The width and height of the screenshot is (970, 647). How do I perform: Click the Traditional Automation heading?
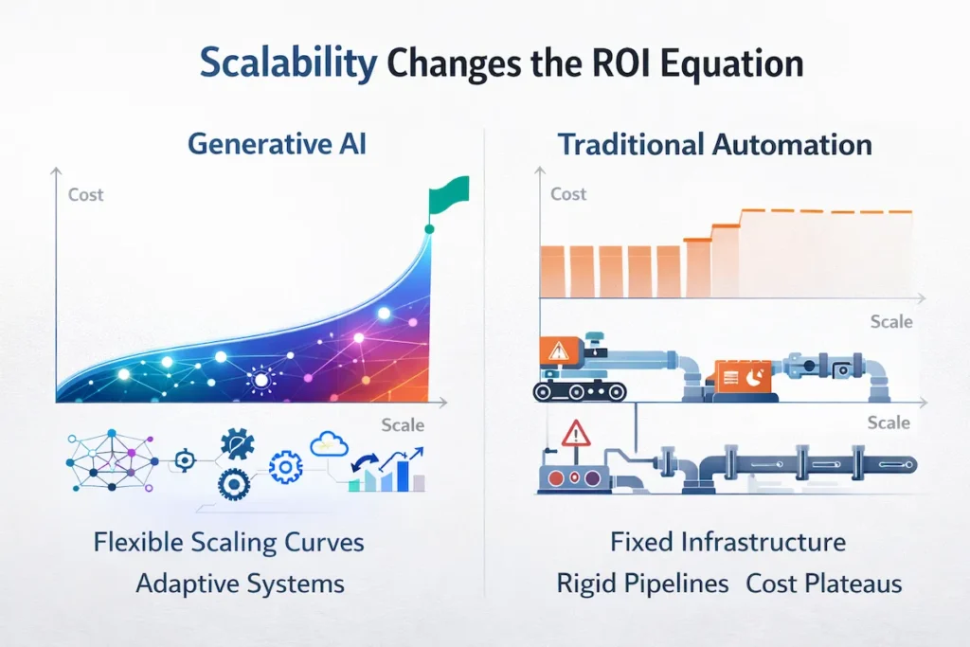(714, 144)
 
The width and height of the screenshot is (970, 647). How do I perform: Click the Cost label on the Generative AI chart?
(86, 195)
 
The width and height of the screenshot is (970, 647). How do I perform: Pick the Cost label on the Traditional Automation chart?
(568, 194)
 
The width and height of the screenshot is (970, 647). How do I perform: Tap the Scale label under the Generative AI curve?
(403, 424)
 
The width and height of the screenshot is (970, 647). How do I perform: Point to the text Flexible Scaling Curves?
(228, 543)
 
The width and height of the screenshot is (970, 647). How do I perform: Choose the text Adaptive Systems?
(240, 583)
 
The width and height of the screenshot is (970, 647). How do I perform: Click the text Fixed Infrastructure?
(727, 542)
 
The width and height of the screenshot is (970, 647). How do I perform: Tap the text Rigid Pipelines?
(642, 583)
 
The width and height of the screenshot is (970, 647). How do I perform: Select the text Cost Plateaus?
(823, 583)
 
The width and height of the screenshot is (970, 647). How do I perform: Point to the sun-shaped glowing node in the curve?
(261, 380)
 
